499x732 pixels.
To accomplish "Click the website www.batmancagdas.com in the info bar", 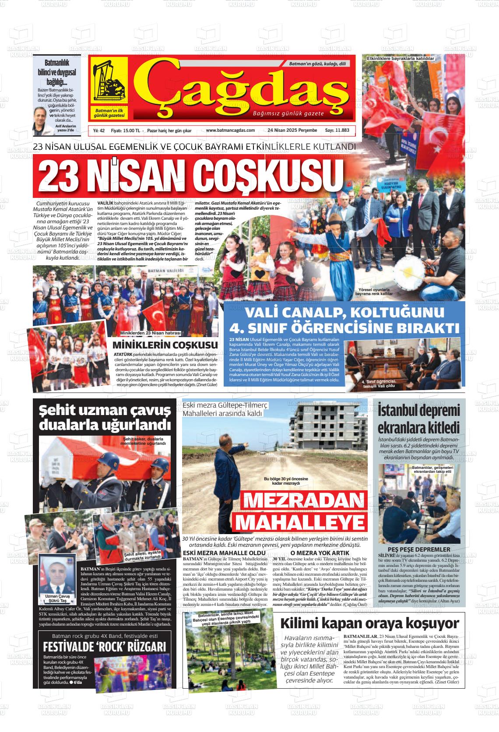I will point(230,130).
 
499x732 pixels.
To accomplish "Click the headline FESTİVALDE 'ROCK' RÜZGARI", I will point(104,648).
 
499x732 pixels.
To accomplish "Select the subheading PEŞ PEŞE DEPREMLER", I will point(419,549).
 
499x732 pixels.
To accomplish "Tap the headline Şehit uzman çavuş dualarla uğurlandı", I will point(105,417).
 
